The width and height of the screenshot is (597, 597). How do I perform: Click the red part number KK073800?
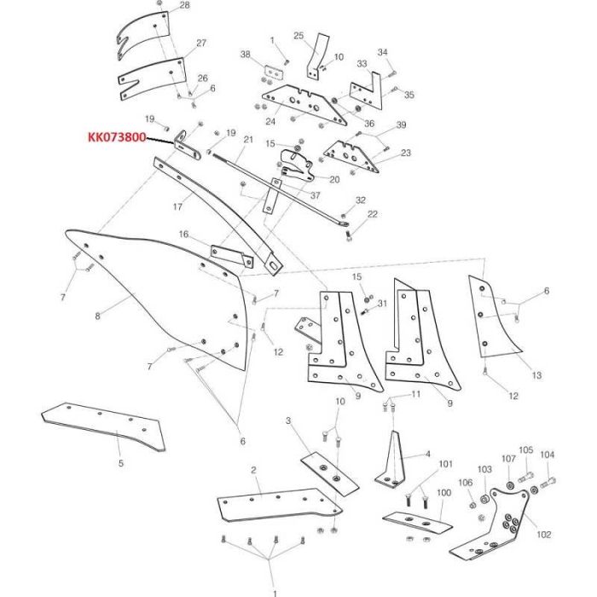(116, 136)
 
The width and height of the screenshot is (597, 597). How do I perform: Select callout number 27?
(201, 43)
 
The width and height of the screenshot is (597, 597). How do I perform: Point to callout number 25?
(298, 35)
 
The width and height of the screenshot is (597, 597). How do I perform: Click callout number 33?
(362, 63)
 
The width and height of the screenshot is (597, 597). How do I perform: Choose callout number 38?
(246, 55)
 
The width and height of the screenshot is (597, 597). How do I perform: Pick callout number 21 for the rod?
(249, 139)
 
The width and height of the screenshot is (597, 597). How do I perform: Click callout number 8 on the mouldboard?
(98, 316)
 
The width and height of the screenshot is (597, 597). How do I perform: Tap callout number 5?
(120, 463)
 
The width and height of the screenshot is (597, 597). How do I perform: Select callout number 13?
(536, 375)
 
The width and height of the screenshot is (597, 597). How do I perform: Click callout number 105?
(525, 450)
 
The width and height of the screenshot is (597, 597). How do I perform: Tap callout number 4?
(428, 454)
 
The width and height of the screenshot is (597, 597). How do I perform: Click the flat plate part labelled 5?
(102, 426)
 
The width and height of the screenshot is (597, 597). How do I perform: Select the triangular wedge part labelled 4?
(395, 461)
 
